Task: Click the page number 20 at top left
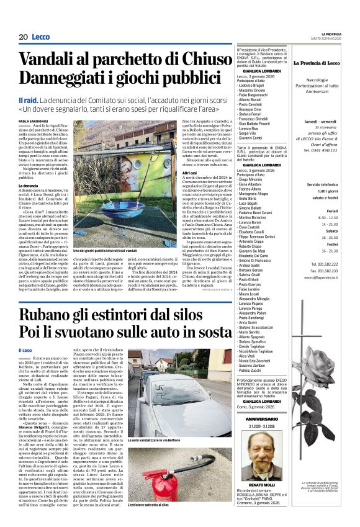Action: click(23, 37)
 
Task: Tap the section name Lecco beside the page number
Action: click(41, 37)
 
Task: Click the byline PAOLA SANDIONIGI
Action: click(32, 122)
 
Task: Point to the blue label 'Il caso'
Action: click(25, 351)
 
